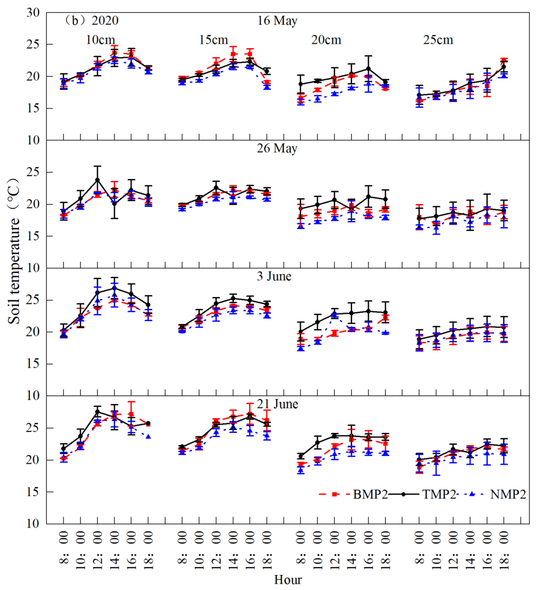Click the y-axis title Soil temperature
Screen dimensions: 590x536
tap(14, 252)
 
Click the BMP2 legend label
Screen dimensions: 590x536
tap(370, 494)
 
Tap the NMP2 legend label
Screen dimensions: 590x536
tap(508, 494)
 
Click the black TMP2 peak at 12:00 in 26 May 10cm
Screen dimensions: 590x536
tap(97, 180)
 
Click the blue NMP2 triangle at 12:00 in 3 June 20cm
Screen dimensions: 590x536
tap(334, 314)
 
